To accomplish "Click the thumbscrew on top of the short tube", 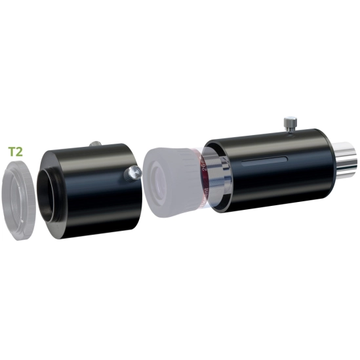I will point(96,142).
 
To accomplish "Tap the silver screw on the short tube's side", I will point(133,172).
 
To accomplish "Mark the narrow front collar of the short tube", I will point(49,193).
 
